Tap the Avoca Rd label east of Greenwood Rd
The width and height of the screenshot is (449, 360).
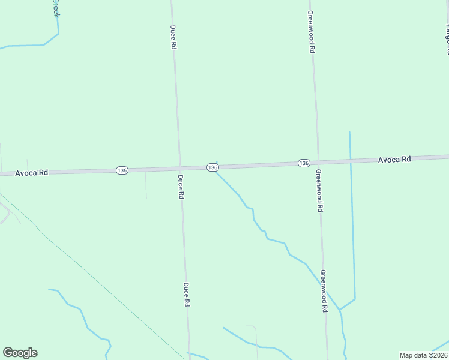click(394, 160)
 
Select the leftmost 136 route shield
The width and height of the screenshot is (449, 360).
click(122, 170)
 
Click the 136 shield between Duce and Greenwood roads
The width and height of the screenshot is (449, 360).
click(212, 167)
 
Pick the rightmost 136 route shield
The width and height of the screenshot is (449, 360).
click(304, 163)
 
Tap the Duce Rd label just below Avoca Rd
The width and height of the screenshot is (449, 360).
click(180, 187)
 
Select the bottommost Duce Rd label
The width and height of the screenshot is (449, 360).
click(187, 295)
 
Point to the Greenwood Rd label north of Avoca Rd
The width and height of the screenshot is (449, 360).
click(312, 32)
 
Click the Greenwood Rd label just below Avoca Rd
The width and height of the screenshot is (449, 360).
click(319, 190)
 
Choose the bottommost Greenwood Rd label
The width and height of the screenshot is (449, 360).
click(324, 290)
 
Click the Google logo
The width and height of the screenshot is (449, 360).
click(20, 353)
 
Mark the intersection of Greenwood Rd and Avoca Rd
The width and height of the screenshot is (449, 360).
click(318, 162)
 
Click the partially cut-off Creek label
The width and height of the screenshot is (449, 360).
click(56, 8)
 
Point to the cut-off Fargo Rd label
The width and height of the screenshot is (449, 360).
click(446, 33)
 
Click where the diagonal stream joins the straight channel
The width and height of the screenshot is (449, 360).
click(340, 310)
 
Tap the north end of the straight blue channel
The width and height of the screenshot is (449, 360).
click(349, 133)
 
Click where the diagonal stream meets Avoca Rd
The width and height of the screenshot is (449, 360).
click(216, 171)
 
